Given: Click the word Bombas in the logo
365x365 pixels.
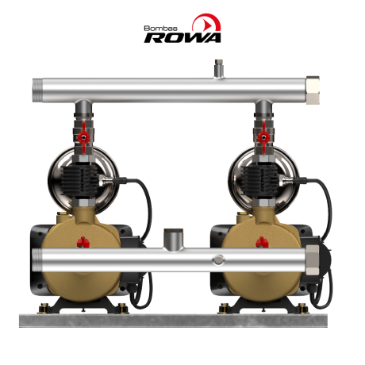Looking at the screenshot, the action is click(x=160, y=29).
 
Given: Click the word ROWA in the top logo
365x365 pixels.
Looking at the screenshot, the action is click(x=182, y=38).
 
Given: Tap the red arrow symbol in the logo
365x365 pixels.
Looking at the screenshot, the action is click(x=208, y=25).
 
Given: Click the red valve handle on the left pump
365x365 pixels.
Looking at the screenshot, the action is click(x=83, y=137).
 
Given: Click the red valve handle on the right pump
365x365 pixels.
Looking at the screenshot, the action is click(x=263, y=137).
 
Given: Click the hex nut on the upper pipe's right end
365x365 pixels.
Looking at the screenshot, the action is click(x=313, y=90).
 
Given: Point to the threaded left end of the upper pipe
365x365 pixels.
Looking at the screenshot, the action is click(x=36, y=90).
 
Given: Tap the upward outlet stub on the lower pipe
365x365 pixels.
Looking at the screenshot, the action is click(x=173, y=239).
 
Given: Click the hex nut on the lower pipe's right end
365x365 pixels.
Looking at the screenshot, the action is click(x=313, y=260).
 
